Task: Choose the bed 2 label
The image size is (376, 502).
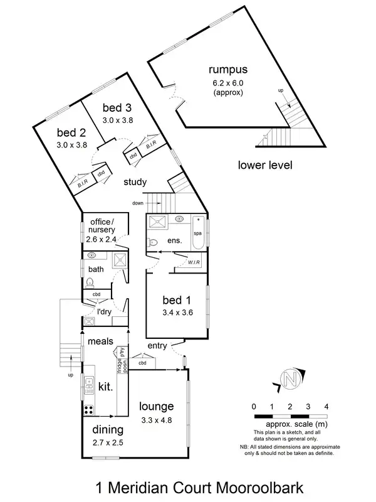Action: point(71,132)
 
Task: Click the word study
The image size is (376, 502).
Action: point(135,183)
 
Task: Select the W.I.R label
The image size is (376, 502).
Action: point(194,263)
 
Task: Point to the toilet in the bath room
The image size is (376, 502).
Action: point(90,282)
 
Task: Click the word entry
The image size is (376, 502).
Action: point(157,346)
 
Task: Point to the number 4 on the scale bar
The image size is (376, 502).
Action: point(326,407)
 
